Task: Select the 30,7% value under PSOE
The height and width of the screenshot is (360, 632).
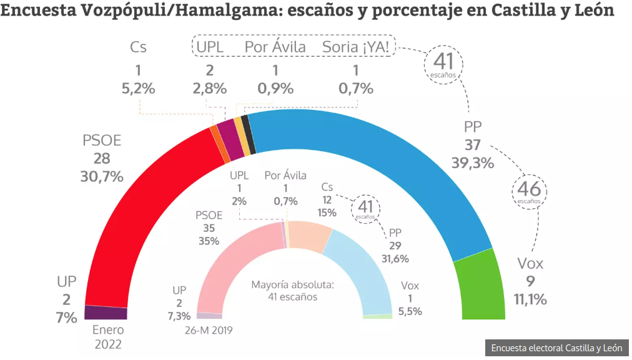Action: click(x=102, y=176)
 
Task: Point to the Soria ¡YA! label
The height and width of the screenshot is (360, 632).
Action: click(x=355, y=47)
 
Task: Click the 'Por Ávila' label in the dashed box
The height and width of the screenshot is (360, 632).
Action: click(x=275, y=47)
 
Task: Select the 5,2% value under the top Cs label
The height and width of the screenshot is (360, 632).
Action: click(x=137, y=88)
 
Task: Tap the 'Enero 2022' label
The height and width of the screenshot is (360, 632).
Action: click(x=108, y=337)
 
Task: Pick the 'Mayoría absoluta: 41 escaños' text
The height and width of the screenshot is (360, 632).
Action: click(x=293, y=291)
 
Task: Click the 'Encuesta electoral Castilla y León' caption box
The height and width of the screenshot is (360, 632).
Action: click(x=556, y=348)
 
